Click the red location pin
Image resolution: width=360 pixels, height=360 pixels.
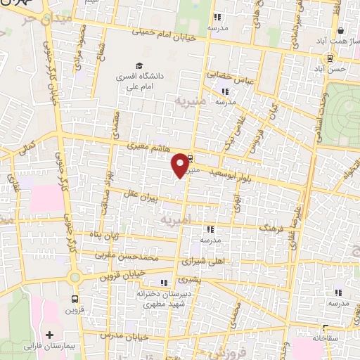click(x=181, y=165)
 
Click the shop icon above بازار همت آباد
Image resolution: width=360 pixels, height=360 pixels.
click(x=341, y=31)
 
